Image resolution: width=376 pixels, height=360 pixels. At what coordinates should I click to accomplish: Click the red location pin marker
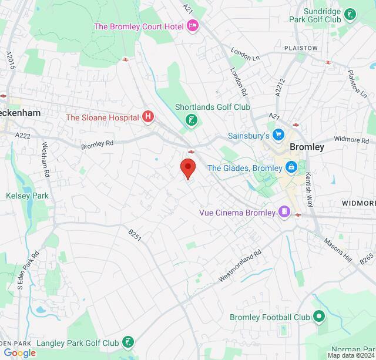187,167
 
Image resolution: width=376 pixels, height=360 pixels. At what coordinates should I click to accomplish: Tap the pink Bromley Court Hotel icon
192,26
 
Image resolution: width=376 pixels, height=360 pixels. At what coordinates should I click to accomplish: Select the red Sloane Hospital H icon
148,117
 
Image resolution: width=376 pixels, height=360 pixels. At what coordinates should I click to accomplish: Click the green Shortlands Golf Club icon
190,120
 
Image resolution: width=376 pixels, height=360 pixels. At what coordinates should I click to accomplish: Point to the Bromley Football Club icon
319,317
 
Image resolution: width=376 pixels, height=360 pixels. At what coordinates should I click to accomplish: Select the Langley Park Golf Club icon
128,342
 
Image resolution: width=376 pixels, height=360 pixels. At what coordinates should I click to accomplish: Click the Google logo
19,352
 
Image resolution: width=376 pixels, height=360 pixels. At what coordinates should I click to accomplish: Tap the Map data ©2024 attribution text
351,355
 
